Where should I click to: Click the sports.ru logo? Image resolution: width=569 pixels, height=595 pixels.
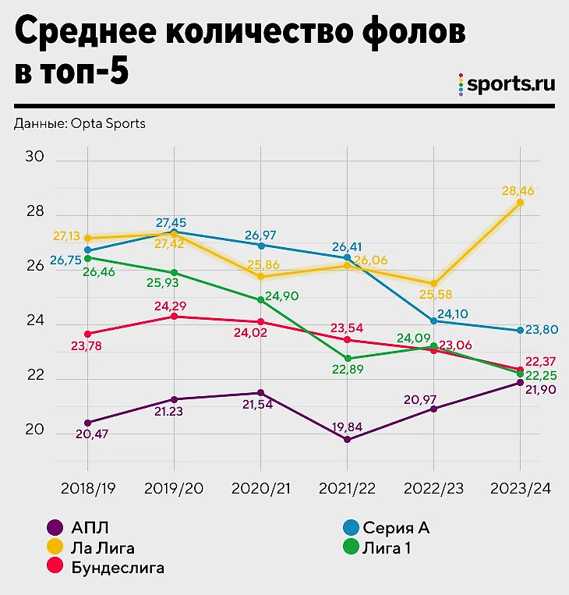pos(507,84)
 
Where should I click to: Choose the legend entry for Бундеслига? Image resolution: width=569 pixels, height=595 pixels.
pos(118,568)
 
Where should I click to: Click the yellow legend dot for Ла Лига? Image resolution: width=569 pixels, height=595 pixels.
pos(55,548)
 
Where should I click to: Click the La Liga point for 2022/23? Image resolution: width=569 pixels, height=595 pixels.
pos(434,284)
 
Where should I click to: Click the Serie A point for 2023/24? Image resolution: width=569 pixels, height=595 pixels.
pos(520,331)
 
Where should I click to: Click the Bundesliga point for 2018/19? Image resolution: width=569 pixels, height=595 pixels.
pos(88,334)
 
